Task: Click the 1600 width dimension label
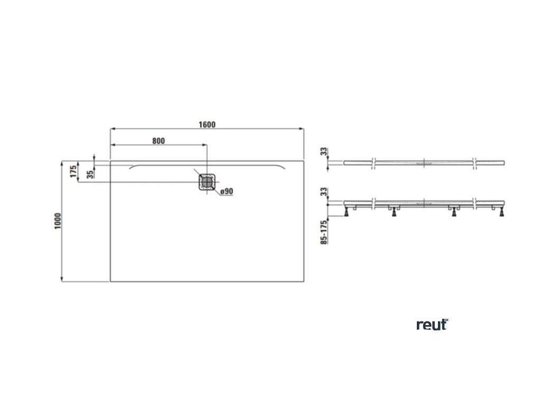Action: pos(207,125)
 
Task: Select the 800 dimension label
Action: pos(158,141)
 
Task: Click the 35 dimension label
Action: pos(90,173)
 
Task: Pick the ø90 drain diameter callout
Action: pos(226,191)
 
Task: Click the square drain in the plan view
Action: pos(207,182)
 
